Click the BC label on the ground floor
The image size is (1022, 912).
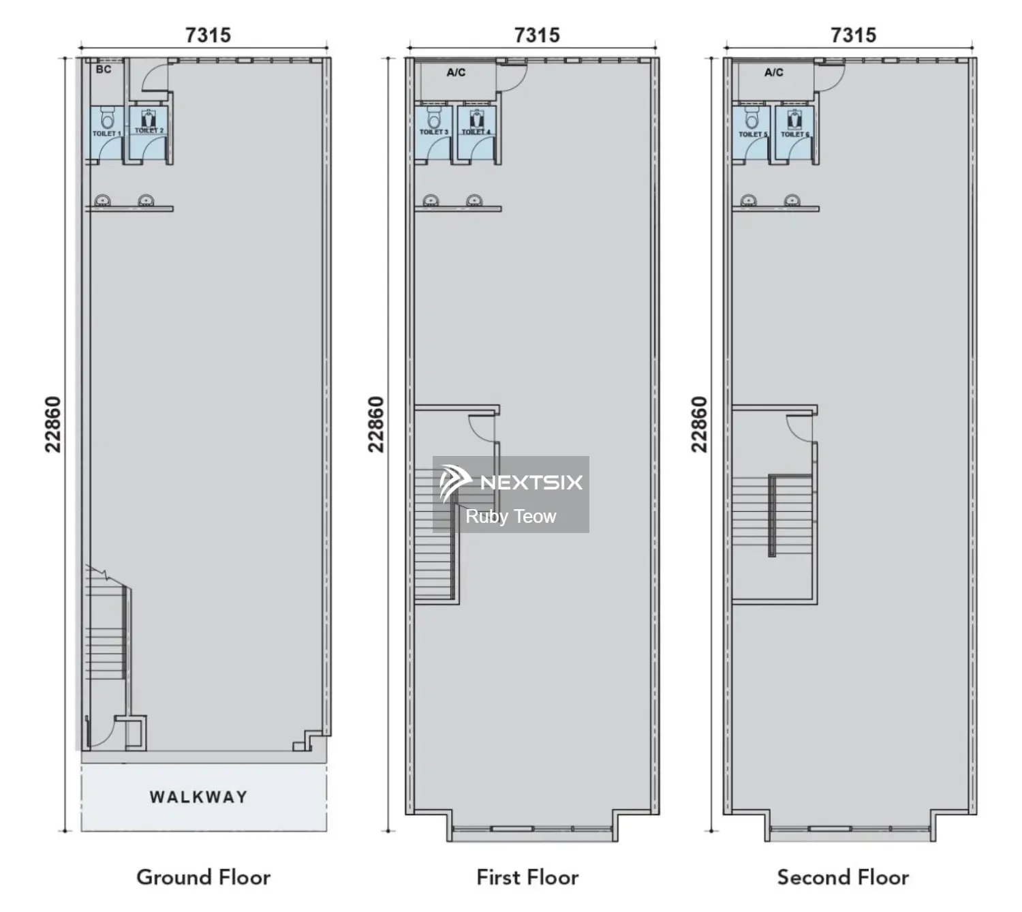[104, 69]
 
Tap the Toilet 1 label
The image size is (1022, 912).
[106, 134]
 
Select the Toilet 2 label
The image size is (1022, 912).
[149, 130]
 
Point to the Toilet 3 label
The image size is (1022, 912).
[434, 132]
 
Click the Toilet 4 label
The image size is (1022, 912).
[476, 132]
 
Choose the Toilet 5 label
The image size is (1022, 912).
[753, 134]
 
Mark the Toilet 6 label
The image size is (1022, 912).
[794, 134]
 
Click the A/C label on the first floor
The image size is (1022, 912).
[456, 73]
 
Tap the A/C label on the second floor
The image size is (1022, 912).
[773, 73]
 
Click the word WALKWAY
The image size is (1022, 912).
[198, 797]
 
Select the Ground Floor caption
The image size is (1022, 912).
[203, 877]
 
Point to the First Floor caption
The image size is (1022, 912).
[527, 877]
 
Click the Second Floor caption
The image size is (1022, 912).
[843, 877]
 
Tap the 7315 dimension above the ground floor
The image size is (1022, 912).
[208, 35]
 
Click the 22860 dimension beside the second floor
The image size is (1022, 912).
[699, 425]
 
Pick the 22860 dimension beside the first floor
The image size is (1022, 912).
[376, 425]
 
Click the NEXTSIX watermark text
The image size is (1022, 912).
[531, 483]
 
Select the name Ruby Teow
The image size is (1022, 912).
[510, 516]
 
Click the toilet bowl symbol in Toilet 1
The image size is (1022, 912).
[107, 118]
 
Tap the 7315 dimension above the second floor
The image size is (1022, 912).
[853, 35]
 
